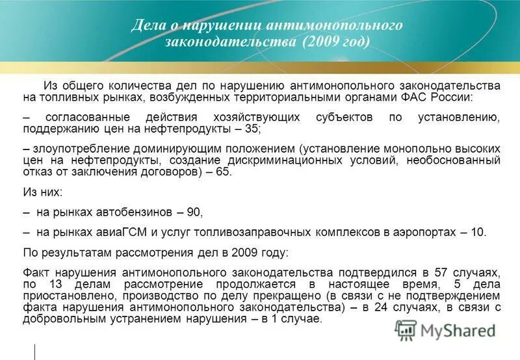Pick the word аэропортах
[427, 232]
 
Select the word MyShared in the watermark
[458, 331]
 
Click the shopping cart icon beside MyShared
[406, 330]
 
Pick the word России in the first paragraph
[457, 97]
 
